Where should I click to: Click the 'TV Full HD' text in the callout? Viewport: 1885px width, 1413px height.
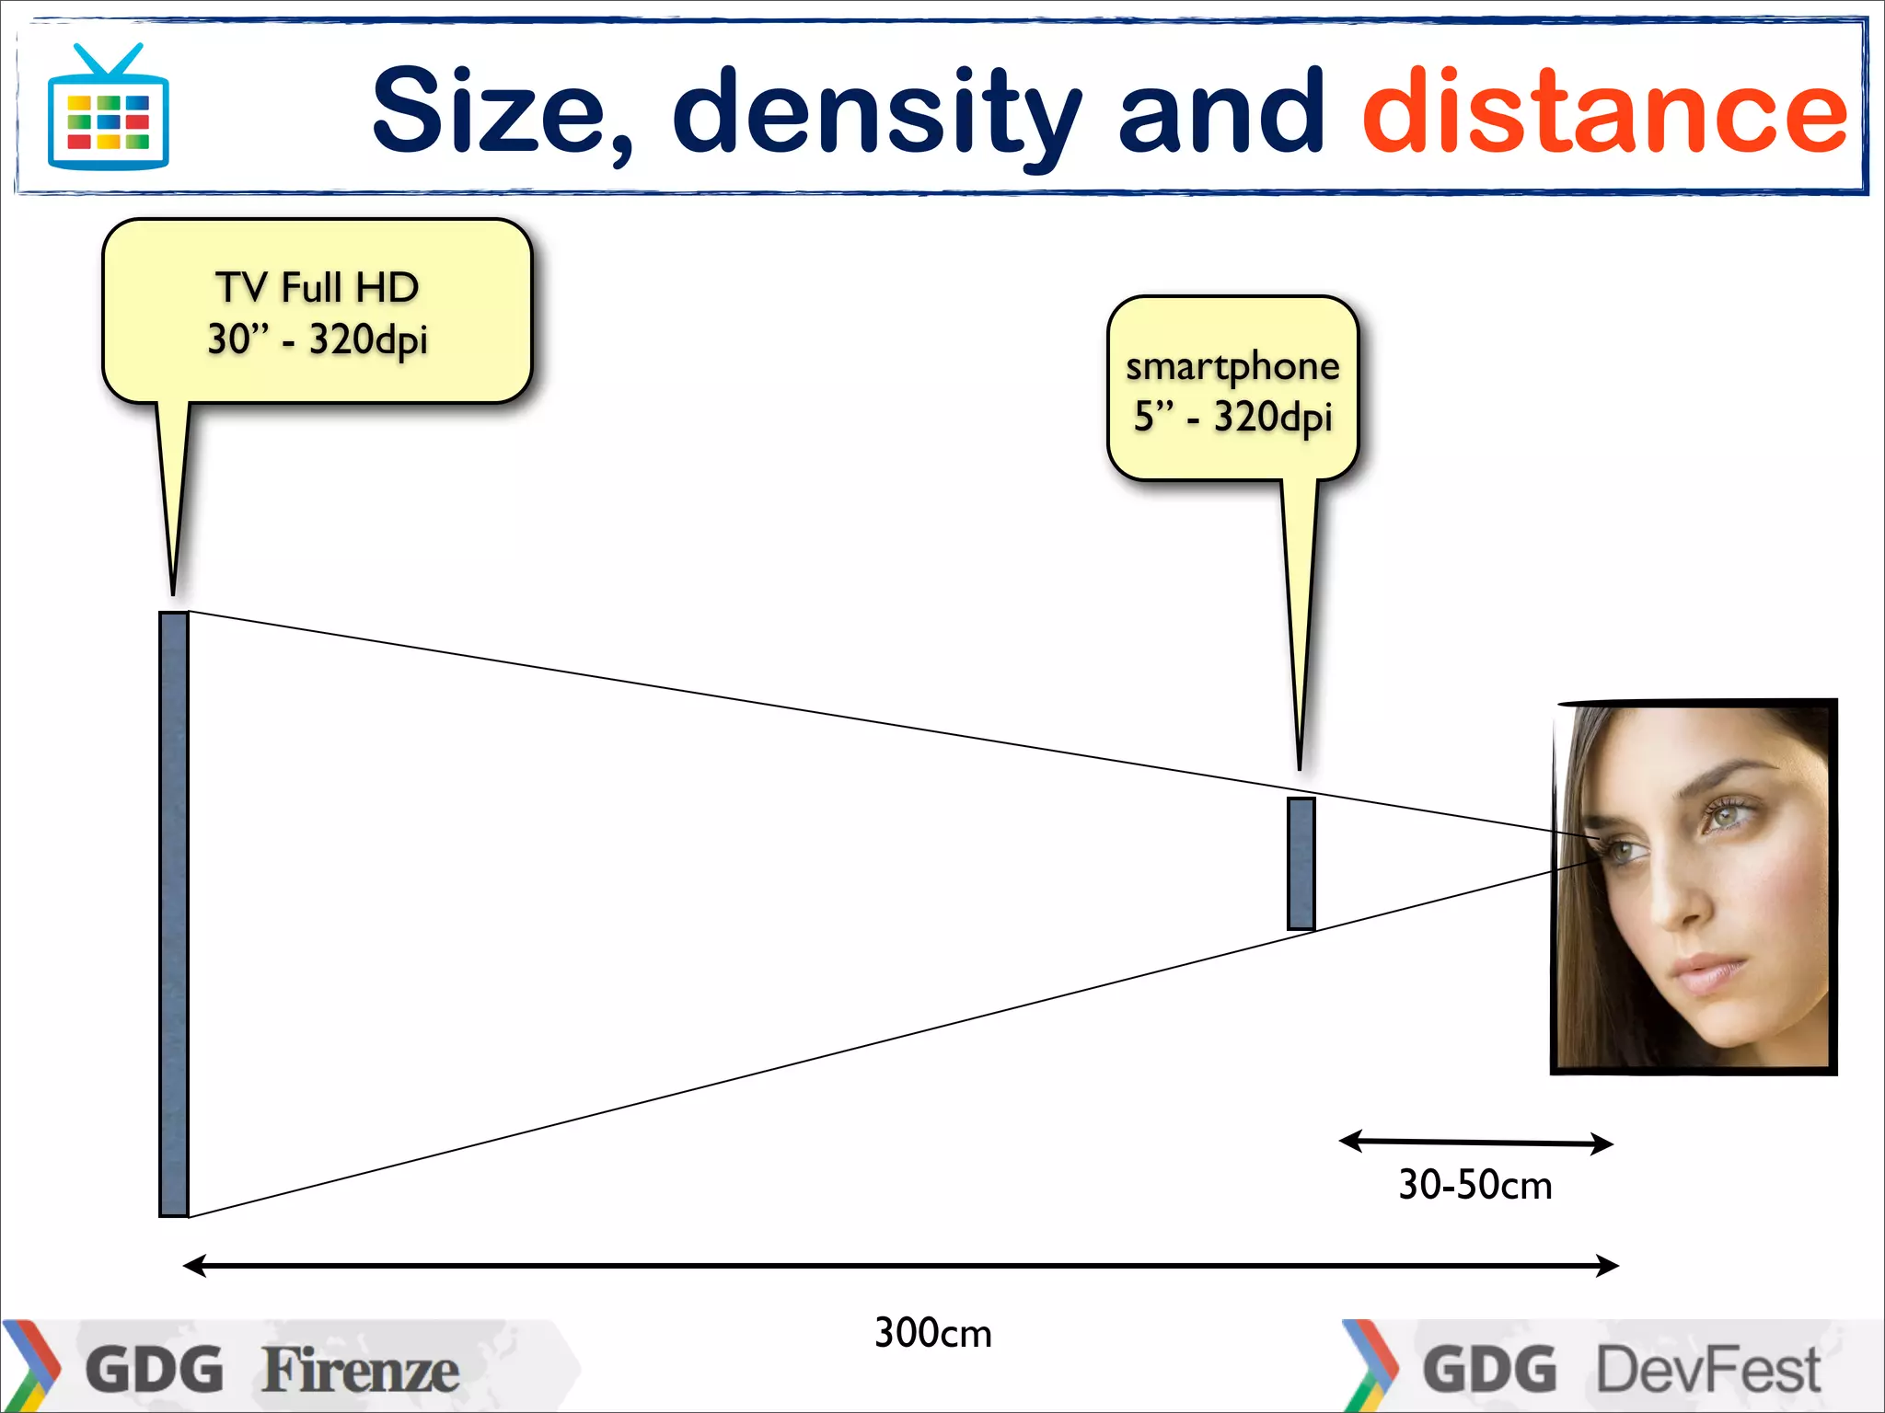318,288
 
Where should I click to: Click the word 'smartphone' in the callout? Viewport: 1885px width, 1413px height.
1232,367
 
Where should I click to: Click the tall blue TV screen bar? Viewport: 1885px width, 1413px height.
173,913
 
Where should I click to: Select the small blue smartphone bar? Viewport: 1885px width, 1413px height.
1301,863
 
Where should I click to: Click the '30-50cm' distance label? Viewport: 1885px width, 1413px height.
1474,1185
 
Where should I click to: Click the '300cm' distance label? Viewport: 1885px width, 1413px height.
932,1333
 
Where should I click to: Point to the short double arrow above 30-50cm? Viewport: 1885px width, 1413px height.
1475,1143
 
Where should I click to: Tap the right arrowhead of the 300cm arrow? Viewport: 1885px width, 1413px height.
1608,1266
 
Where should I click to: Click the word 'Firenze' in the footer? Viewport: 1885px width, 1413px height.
360,1371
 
